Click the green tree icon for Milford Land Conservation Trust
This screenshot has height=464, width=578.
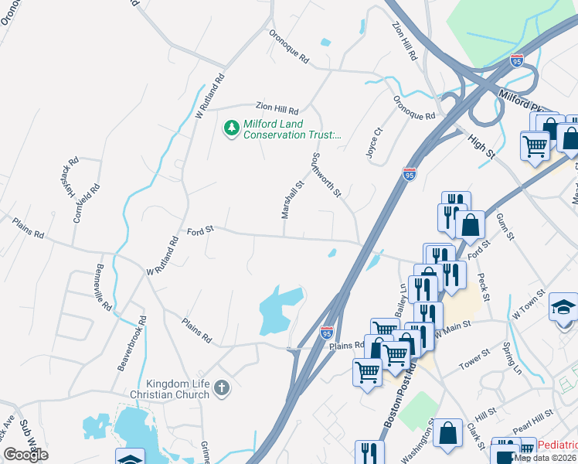(x=231, y=128)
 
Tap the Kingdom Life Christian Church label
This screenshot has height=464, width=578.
(x=178, y=389)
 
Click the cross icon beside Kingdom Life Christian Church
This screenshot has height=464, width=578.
(x=222, y=387)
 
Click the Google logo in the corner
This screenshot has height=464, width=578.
(x=25, y=455)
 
